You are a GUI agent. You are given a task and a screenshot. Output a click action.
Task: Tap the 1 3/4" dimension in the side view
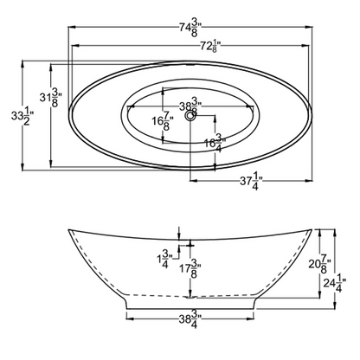[165, 259]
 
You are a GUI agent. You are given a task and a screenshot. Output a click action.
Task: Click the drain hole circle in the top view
[190, 112]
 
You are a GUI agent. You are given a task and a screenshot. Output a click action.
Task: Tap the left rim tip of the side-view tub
[70, 231]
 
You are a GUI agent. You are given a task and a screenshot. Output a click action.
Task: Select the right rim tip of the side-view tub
[310, 231]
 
